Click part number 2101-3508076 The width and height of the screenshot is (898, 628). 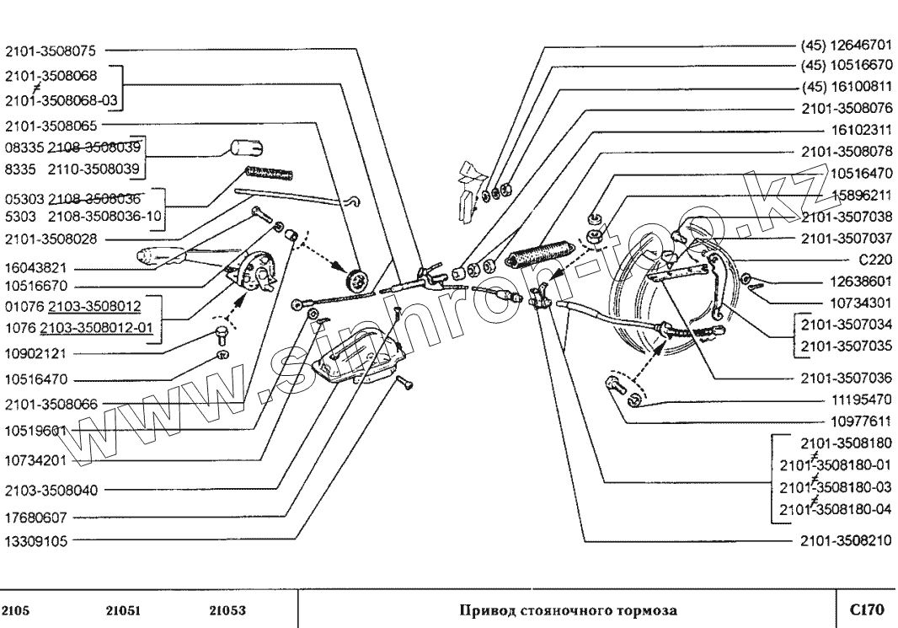click(845, 108)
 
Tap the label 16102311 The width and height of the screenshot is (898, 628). click(861, 131)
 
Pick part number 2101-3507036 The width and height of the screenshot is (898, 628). click(845, 378)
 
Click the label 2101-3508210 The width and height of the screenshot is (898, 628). click(845, 539)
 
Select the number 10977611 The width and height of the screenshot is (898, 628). click(861, 419)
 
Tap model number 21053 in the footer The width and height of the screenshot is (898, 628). click(226, 609)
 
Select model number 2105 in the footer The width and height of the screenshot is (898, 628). click(20, 609)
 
